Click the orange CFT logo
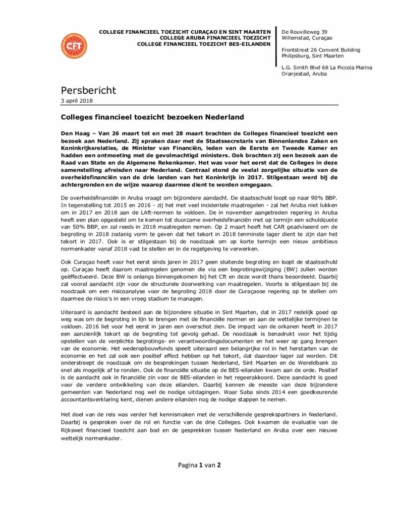[x=73, y=45]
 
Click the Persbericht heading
[x=88, y=91]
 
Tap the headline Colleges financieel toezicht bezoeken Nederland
[x=152, y=117]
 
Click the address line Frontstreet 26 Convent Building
[x=321, y=50]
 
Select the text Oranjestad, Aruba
[x=304, y=74]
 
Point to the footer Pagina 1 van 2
[x=199, y=465]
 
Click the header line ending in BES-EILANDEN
[x=204, y=44]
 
